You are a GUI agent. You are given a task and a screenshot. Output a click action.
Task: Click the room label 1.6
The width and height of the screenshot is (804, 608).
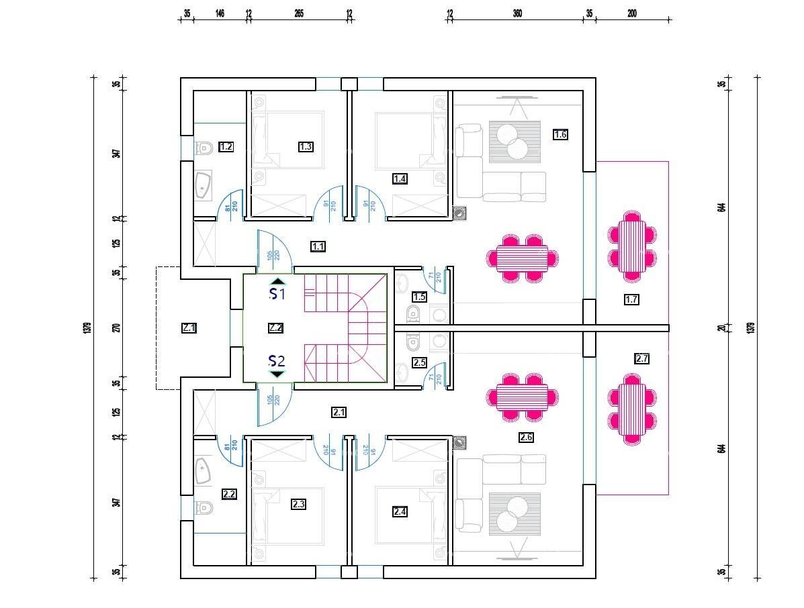point(560,134)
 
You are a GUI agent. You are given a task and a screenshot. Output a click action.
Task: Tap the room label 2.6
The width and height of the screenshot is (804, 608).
point(526,438)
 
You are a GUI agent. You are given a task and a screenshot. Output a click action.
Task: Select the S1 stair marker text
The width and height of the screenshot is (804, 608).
point(277,294)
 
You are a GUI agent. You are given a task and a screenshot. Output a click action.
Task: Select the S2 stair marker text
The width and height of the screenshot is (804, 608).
point(277,362)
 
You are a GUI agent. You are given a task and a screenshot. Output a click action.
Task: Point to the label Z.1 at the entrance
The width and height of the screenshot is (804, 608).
point(189,328)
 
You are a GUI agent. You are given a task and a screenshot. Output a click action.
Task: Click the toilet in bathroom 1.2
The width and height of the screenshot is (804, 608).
point(204,148)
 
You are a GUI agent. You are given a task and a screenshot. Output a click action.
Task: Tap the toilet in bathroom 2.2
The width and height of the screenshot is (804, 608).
point(204,507)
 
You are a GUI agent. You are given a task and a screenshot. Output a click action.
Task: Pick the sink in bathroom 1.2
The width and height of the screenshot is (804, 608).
point(203,186)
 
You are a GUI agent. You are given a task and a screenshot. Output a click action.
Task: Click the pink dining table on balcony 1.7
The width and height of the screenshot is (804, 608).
point(631,246)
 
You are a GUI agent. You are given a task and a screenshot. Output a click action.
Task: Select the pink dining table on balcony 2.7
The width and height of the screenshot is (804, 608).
point(631,409)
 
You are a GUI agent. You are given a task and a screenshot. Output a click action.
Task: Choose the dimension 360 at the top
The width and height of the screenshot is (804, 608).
point(517,13)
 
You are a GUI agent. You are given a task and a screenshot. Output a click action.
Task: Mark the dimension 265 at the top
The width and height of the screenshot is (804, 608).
point(299,13)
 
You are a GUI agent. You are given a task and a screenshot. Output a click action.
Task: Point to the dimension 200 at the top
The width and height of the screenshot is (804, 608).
point(632,13)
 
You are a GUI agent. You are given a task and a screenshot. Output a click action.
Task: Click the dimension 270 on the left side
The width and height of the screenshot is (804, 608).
point(117,328)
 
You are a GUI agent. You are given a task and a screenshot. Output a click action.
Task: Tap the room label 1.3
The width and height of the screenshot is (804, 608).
point(306,146)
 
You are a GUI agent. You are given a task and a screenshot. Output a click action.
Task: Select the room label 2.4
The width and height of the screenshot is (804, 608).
point(400,512)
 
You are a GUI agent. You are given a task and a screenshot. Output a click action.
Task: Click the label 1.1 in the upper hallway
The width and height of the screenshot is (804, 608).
point(318,247)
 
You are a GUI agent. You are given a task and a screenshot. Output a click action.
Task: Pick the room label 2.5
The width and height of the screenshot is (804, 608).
point(419,362)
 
